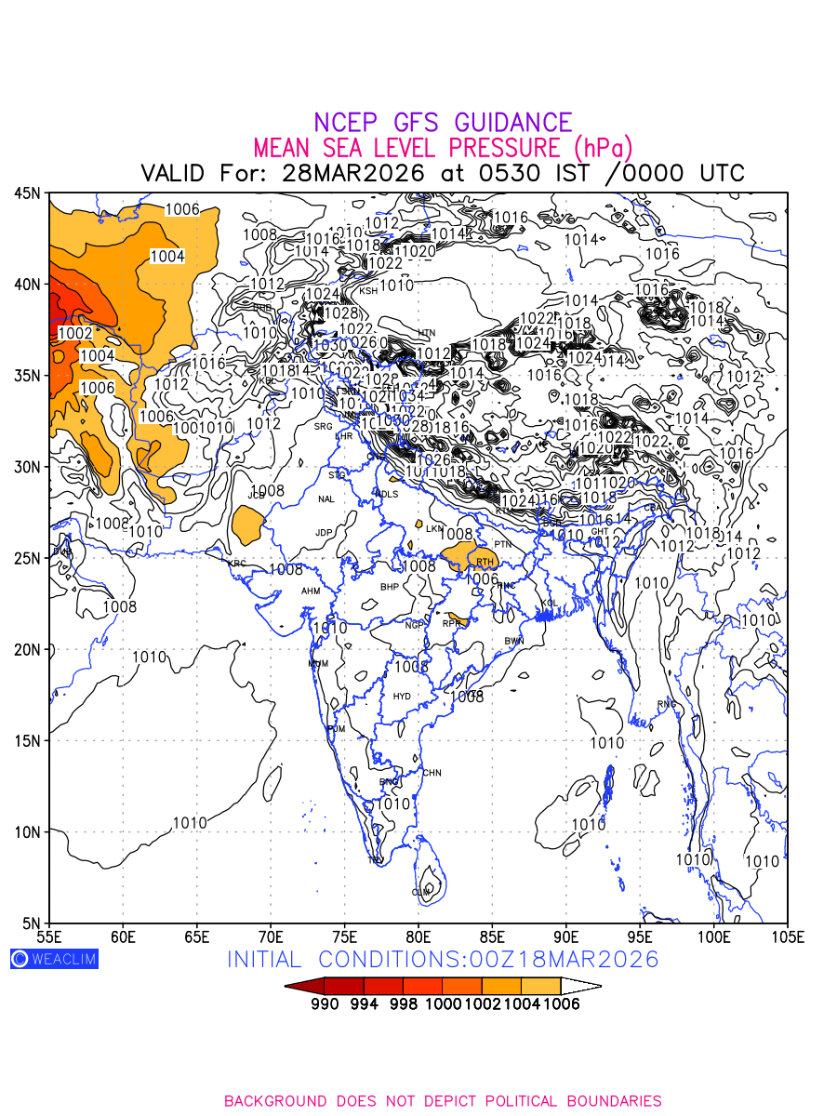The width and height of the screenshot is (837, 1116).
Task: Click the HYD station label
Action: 402,697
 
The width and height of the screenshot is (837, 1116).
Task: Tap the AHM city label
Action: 311,591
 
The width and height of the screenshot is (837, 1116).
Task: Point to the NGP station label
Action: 414,625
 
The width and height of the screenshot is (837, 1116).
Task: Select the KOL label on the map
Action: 549,604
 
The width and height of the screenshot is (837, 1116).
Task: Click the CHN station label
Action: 432,773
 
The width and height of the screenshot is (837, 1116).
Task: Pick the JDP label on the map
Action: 324,533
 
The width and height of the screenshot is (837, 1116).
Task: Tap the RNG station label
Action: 667,704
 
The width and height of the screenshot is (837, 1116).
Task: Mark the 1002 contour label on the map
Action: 74,333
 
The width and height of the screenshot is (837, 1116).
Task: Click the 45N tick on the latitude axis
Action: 27,193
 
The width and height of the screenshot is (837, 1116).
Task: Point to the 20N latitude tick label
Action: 27,649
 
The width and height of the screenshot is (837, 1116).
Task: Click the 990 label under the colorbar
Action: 325,1004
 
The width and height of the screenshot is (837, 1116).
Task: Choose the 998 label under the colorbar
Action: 404,1004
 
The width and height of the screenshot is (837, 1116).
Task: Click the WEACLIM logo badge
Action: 54,959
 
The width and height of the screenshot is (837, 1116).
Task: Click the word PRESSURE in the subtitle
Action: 508,148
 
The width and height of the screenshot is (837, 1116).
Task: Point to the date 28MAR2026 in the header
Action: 353,173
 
